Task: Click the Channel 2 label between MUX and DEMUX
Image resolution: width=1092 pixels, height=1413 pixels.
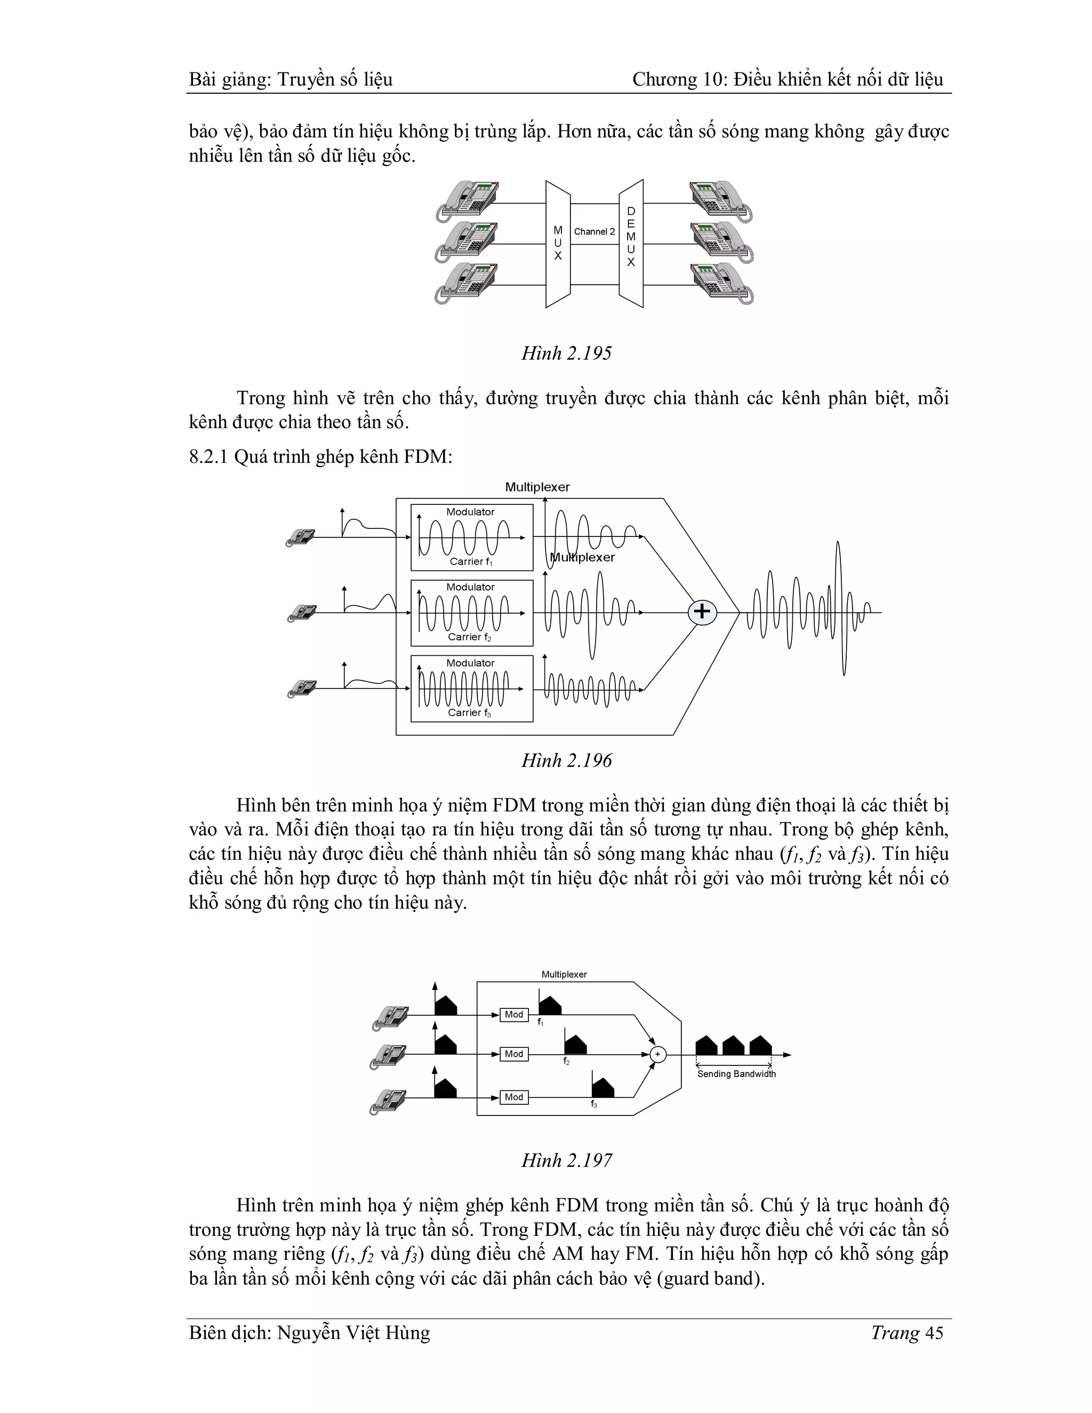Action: [x=594, y=231]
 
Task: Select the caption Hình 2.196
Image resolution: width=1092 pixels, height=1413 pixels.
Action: [x=566, y=760]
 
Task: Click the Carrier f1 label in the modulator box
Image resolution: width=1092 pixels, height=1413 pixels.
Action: [x=471, y=561]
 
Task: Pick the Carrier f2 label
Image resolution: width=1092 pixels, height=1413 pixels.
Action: [x=470, y=637]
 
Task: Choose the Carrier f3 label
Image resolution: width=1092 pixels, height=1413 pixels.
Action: [x=470, y=713]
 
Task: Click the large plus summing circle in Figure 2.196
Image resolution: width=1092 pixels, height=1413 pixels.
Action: [x=702, y=612]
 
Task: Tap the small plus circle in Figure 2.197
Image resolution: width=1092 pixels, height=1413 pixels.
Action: [x=657, y=1055]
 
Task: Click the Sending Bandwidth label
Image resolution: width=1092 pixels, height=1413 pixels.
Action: [x=736, y=1074]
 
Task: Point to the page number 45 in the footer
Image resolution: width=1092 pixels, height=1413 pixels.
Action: [x=934, y=1333]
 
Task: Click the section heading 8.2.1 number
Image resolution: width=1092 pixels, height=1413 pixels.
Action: [x=208, y=457]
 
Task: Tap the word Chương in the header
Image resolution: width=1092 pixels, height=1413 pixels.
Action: [x=662, y=79]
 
